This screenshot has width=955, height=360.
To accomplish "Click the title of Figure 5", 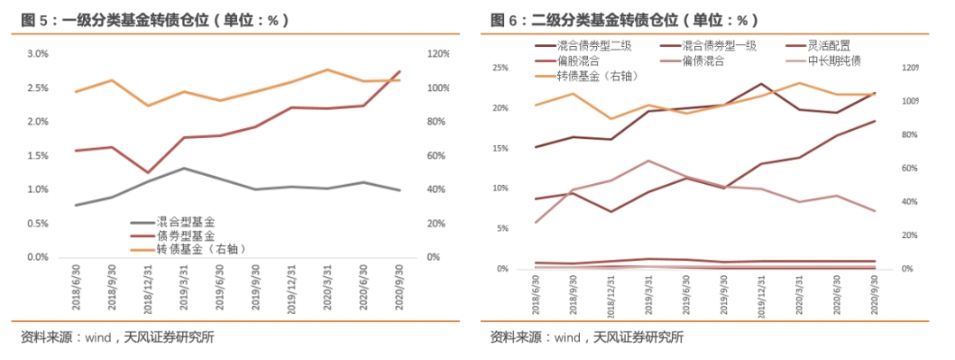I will (155, 19).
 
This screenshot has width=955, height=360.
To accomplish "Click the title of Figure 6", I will (624, 19).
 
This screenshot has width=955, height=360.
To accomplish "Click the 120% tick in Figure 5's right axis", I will (439, 54).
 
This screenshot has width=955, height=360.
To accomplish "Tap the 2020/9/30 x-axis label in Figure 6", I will (875, 291).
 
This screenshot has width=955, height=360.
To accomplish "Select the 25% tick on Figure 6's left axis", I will (500, 68).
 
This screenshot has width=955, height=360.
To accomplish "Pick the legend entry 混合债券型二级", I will (589, 46).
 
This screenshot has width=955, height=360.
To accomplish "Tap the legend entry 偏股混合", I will (578, 61).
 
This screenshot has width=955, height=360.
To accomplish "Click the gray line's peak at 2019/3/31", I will (182, 168).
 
